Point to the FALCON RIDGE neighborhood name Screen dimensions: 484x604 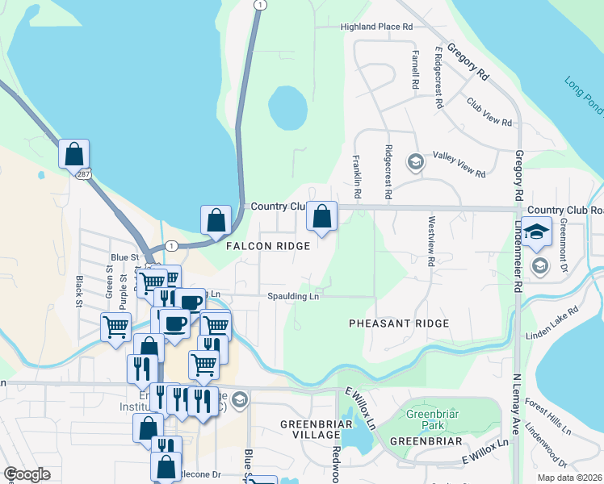pos(267,246)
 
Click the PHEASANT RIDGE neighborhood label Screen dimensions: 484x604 pos(398,323)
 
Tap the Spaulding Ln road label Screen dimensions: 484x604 pos(294,296)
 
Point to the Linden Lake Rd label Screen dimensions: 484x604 pos(552,323)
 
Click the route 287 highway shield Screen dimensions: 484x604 pos(84,173)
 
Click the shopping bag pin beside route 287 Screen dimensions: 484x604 pos(73,153)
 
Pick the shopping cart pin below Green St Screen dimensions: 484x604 pos(116,328)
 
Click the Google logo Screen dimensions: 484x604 pos(27,474)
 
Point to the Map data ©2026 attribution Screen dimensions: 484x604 pos(569,478)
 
